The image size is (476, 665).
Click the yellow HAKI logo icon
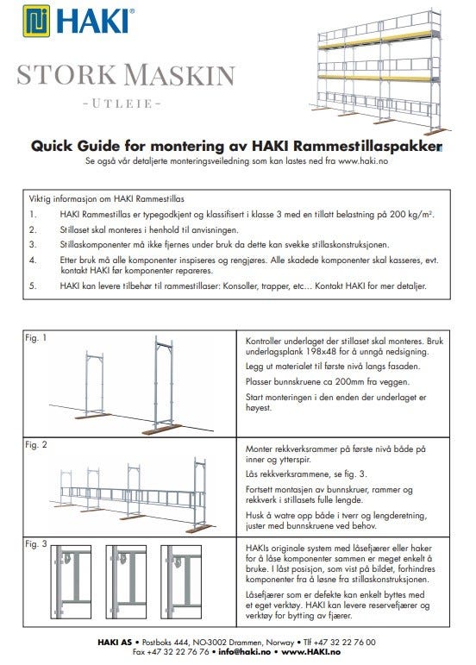36,21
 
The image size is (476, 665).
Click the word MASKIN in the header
179,75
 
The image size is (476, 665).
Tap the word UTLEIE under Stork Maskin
122,104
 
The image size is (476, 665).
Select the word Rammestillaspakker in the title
367,146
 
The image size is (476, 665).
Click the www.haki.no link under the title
362,161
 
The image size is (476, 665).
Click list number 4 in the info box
33,260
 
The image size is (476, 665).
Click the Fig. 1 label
35,337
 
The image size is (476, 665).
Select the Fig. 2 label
35,444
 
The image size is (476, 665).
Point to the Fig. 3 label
35,543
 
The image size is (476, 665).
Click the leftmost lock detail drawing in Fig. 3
71,581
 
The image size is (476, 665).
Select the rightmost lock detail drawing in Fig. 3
181,581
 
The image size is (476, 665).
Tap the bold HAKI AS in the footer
115,642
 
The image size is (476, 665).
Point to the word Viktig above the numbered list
39,199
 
